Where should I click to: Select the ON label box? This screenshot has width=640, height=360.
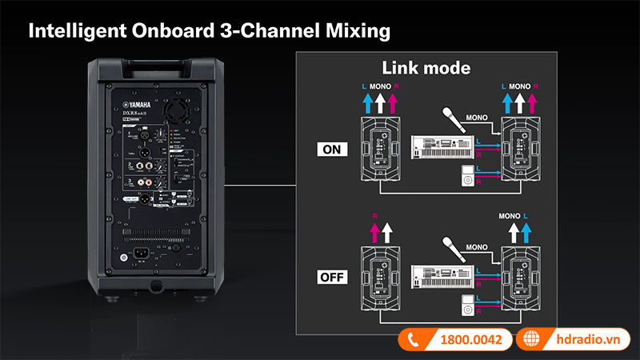point(329,149)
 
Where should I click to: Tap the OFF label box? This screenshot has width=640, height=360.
point(329,279)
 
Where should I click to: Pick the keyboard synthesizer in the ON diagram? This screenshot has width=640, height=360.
point(439,147)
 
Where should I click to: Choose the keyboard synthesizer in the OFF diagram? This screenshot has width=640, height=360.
point(439,277)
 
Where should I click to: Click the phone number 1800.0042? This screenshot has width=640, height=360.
point(471,339)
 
